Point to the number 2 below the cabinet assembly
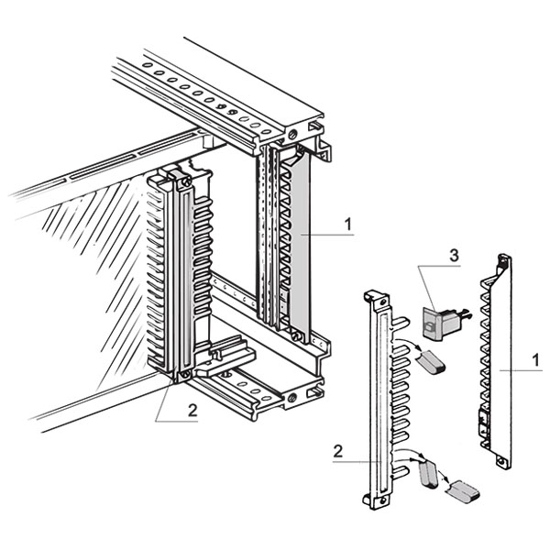tap(192, 410)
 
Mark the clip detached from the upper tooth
tap(432, 363)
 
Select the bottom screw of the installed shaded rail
tap(296, 335)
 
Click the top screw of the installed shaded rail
tap(293, 136)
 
